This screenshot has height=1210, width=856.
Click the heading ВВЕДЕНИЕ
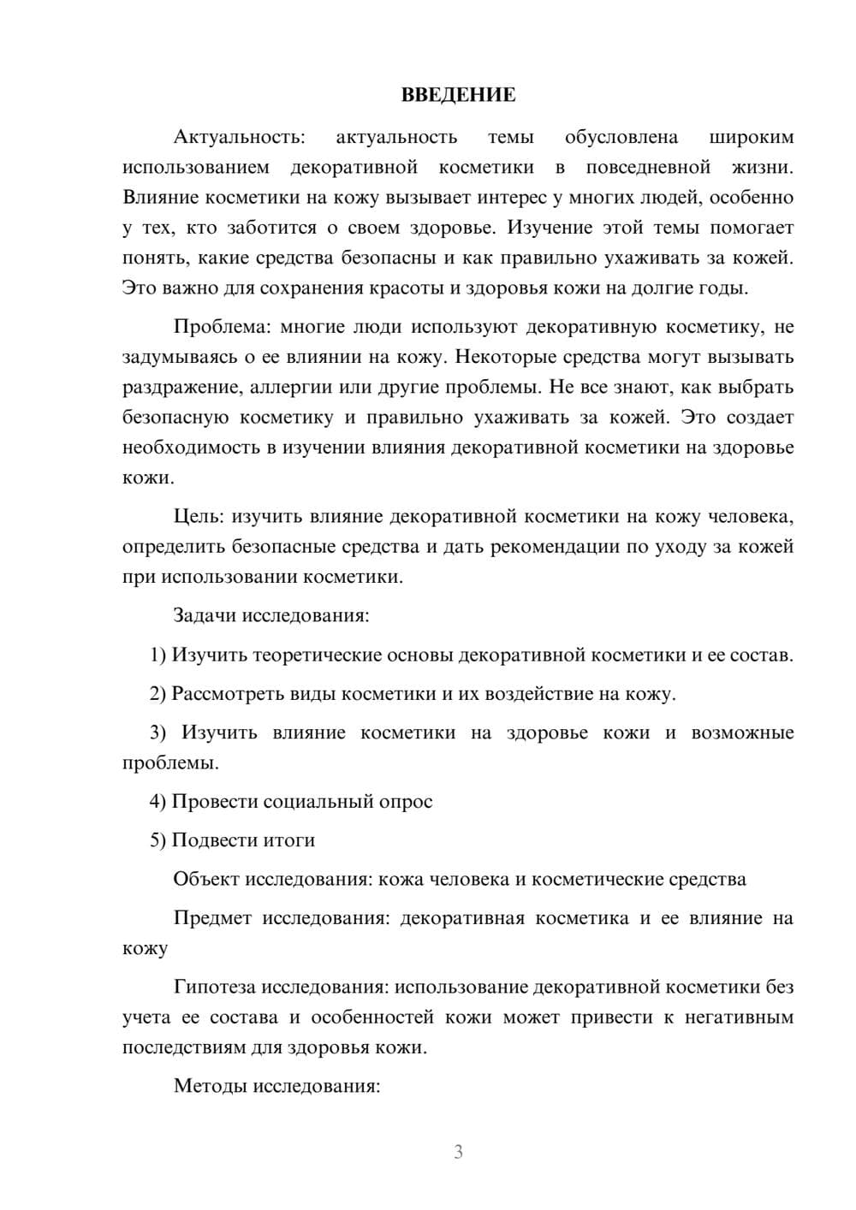point(458,95)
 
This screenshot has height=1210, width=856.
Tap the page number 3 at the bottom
point(458,1152)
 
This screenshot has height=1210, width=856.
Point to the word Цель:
point(199,517)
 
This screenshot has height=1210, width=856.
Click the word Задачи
point(205,615)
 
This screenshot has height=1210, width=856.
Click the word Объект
point(206,880)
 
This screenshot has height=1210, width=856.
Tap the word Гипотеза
point(214,988)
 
